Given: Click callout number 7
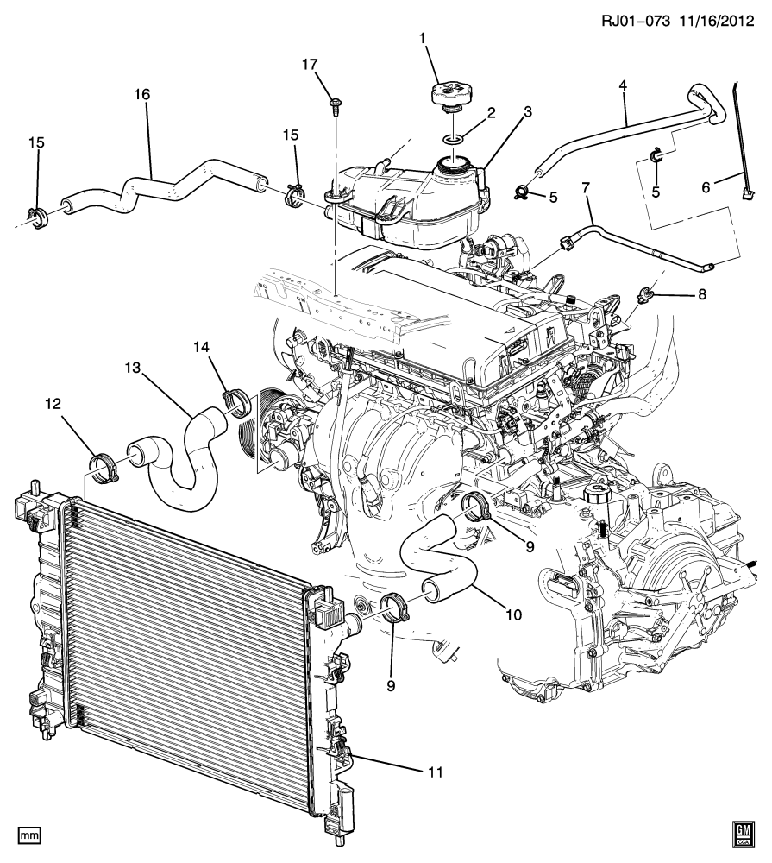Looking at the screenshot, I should click(x=586, y=187).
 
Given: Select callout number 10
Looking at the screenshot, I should click(x=513, y=615).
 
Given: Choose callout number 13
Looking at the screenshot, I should click(x=132, y=367).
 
